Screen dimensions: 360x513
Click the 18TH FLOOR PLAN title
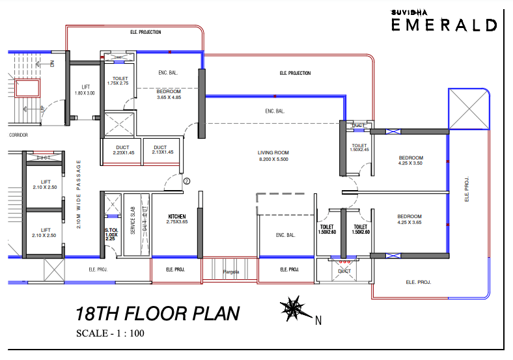pyautogui.click(x=157, y=314)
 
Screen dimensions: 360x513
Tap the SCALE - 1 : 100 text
pyautogui.click(x=110, y=334)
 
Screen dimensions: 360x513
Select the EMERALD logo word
pyautogui.click(x=444, y=25)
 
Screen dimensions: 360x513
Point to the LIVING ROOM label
pyautogui.click(x=273, y=152)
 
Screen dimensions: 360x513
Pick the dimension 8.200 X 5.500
pyautogui.click(x=273, y=159)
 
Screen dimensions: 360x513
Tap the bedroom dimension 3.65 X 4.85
pyautogui.click(x=169, y=98)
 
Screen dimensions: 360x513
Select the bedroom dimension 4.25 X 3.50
pyautogui.click(x=411, y=164)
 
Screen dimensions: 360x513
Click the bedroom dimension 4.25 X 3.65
pyautogui.click(x=410, y=223)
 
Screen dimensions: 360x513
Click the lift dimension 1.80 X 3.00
pyautogui.click(x=85, y=93)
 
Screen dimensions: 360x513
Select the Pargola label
pyautogui.click(x=231, y=271)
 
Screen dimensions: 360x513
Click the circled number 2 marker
pyautogui.click(x=186, y=181)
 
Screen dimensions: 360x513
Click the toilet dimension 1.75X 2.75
pyautogui.click(x=118, y=83)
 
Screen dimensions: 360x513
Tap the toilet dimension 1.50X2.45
pyautogui.click(x=360, y=150)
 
